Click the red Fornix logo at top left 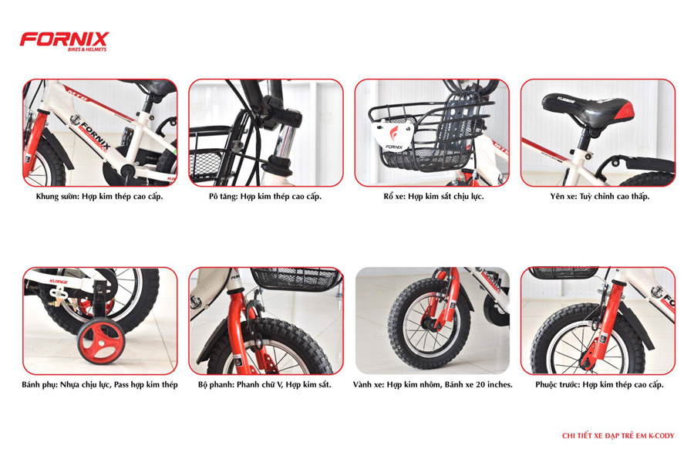(x=64, y=41)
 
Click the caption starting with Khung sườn (x=99, y=196)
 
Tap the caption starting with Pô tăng (x=265, y=196)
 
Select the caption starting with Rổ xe (x=433, y=196)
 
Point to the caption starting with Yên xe (x=600, y=196)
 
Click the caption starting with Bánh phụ (x=99, y=384)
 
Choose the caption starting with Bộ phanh (x=264, y=384)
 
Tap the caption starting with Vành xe (x=433, y=384)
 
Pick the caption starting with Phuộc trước (x=599, y=384)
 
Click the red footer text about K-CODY (x=618, y=436)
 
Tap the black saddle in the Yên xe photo (x=588, y=109)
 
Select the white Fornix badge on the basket (x=393, y=136)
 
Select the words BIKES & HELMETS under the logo (x=87, y=49)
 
